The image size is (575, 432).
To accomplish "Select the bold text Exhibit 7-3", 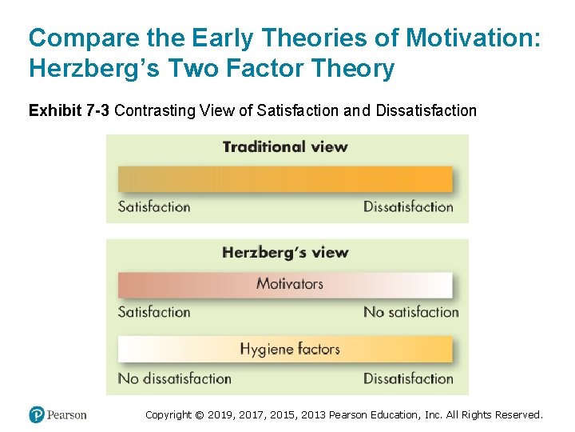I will [69, 110].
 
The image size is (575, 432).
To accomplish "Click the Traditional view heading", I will [285, 146].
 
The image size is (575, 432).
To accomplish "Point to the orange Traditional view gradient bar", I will [285, 178].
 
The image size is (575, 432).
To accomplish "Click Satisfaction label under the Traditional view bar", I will [154, 206].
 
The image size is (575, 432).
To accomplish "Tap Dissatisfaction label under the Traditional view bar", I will [408, 206].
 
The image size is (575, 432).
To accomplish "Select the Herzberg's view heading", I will [285, 253].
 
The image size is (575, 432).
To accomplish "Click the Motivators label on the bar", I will [290, 283].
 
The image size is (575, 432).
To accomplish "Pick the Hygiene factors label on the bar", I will [290, 349].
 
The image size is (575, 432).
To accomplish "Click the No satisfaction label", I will [411, 312].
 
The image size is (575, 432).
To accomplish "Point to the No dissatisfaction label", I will [175, 378].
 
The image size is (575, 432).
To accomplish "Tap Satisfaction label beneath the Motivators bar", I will [154, 312].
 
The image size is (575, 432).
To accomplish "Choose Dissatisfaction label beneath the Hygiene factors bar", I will [408, 378].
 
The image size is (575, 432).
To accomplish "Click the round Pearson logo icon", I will [36, 414].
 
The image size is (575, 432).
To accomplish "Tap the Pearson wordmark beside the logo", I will [66, 414].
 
